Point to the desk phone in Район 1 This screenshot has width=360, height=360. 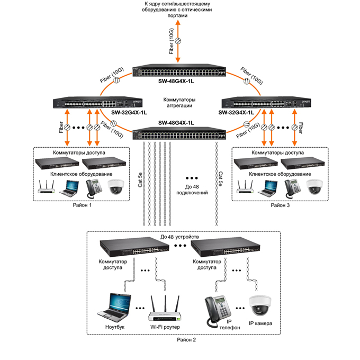[94, 187]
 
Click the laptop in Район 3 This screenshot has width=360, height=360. [268, 186]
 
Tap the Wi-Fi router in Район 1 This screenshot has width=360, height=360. [47, 186]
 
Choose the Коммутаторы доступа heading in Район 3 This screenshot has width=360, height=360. [277, 152]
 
